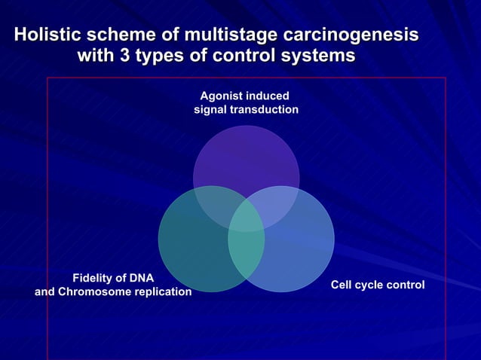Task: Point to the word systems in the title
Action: [317, 56]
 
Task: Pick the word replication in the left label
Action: [164, 291]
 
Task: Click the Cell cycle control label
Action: [378, 285]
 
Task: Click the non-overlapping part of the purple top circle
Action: [246, 154]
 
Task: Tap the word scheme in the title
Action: [120, 35]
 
